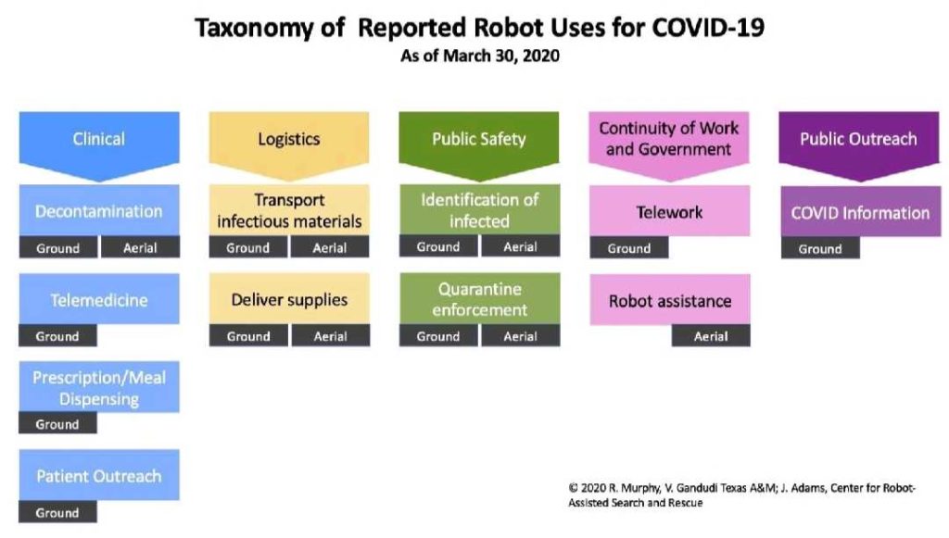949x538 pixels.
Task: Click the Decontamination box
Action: point(99,210)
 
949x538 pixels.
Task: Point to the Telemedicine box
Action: point(99,299)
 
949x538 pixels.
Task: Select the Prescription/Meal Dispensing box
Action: point(99,387)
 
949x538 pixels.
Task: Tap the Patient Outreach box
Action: point(99,475)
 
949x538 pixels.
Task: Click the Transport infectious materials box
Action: point(289,210)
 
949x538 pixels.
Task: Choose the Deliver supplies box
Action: point(289,298)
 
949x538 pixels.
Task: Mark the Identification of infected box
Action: point(479,210)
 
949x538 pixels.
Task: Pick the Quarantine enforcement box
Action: point(479,298)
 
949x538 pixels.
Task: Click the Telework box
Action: point(669,211)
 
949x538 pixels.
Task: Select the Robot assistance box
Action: point(670,300)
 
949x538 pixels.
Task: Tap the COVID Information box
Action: point(861,211)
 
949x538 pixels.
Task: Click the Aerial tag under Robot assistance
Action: point(711,336)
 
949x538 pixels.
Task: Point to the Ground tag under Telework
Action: point(629,248)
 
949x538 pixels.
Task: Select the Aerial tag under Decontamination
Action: point(141,247)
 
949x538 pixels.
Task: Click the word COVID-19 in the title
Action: point(708,28)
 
